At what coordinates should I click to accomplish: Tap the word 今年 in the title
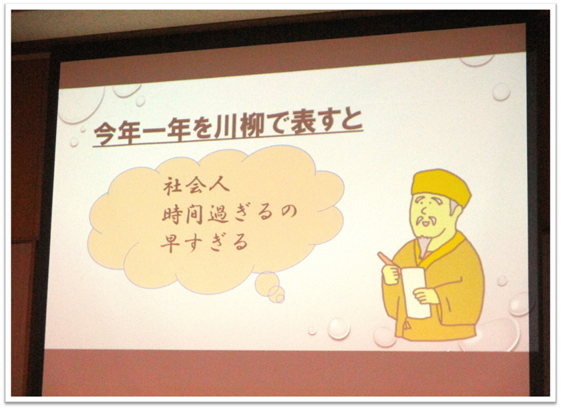[x=118, y=133]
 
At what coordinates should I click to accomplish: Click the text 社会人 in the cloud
[x=196, y=186]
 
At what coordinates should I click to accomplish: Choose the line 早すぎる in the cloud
[x=204, y=243]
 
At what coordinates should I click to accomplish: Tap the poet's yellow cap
[x=441, y=187]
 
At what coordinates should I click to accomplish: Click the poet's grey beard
[x=424, y=245]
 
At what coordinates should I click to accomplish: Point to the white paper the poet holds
[x=415, y=292]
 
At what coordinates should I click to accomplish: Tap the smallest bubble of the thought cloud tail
[x=280, y=298]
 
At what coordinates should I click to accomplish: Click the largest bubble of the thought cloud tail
[x=266, y=284]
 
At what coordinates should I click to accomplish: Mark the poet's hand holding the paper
[x=426, y=296]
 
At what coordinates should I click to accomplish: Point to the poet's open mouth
[x=425, y=224]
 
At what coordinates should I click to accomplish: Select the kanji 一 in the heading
[x=154, y=132]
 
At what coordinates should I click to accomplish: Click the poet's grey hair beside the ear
[x=453, y=207]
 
